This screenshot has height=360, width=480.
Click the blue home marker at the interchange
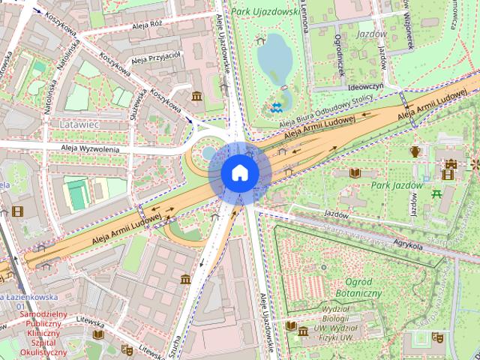239,172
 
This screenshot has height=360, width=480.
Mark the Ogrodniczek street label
339,53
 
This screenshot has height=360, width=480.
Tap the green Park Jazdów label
397,185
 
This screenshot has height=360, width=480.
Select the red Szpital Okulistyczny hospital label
43,333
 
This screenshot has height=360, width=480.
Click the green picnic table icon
436,194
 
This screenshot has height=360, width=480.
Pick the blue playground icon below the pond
277,106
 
